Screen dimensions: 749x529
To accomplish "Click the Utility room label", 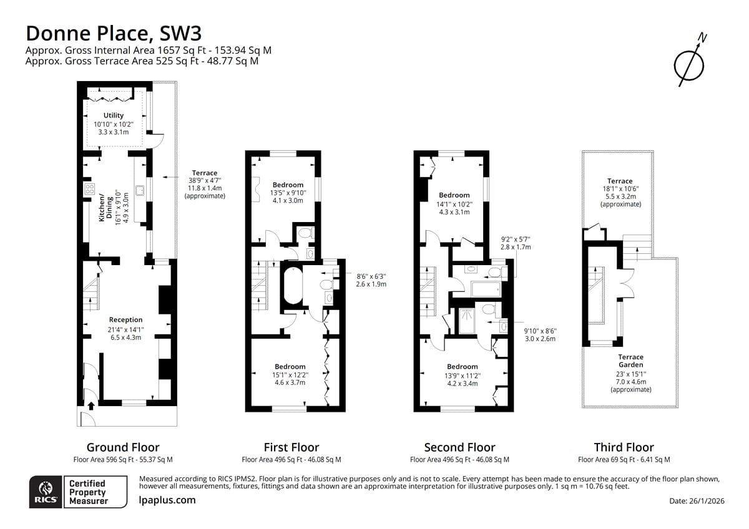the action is [x=114, y=115].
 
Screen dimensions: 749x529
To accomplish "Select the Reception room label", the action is [x=125, y=320].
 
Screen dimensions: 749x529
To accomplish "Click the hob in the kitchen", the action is [x=89, y=189].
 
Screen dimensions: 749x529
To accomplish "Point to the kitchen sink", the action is [x=140, y=190].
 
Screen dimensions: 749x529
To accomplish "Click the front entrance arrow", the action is [x=91, y=405].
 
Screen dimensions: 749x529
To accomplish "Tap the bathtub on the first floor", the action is [x=293, y=285].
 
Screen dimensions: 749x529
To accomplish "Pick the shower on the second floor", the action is [x=467, y=321].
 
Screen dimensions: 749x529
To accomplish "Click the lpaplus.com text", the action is [x=167, y=500].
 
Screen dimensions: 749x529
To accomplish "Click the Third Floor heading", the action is [x=624, y=447].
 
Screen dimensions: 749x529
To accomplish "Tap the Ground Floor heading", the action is [x=123, y=447].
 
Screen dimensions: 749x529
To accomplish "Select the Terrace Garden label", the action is [x=630, y=361].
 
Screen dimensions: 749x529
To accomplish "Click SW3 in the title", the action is [x=181, y=33].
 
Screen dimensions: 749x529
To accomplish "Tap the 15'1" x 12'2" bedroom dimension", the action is [x=290, y=375].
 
